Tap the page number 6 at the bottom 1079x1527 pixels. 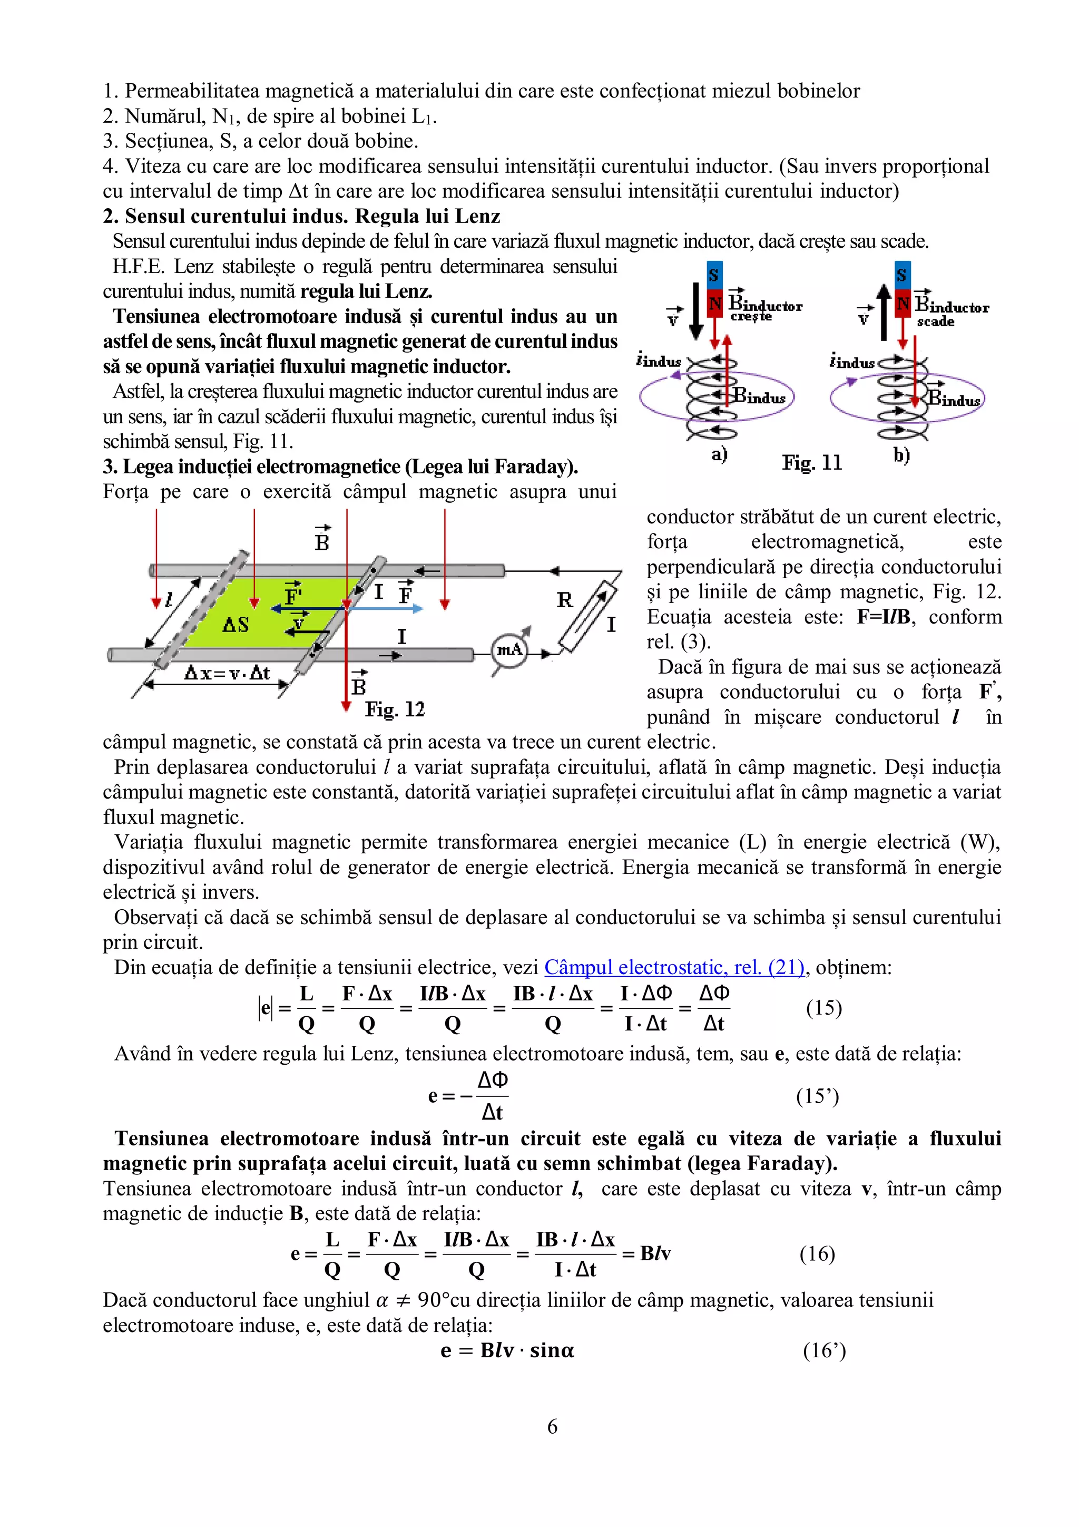(x=552, y=1426)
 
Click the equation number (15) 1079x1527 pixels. (x=823, y=1008)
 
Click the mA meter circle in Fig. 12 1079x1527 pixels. (x=509, y=650)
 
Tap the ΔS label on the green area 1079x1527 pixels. (x=236, y=625)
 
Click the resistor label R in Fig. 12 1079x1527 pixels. (x=564, y=600)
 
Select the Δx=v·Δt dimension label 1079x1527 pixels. (x=227, y=673)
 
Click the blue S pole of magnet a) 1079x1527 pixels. (x=713, y=275)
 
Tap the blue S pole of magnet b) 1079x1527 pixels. (x=901, y=275)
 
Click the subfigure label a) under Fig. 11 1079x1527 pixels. (x=719, y=454)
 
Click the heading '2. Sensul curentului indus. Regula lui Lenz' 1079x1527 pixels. (x=301, y=216)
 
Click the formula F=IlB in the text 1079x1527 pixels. (x=883, y=617)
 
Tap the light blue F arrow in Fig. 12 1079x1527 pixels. (x=386, y=608)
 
